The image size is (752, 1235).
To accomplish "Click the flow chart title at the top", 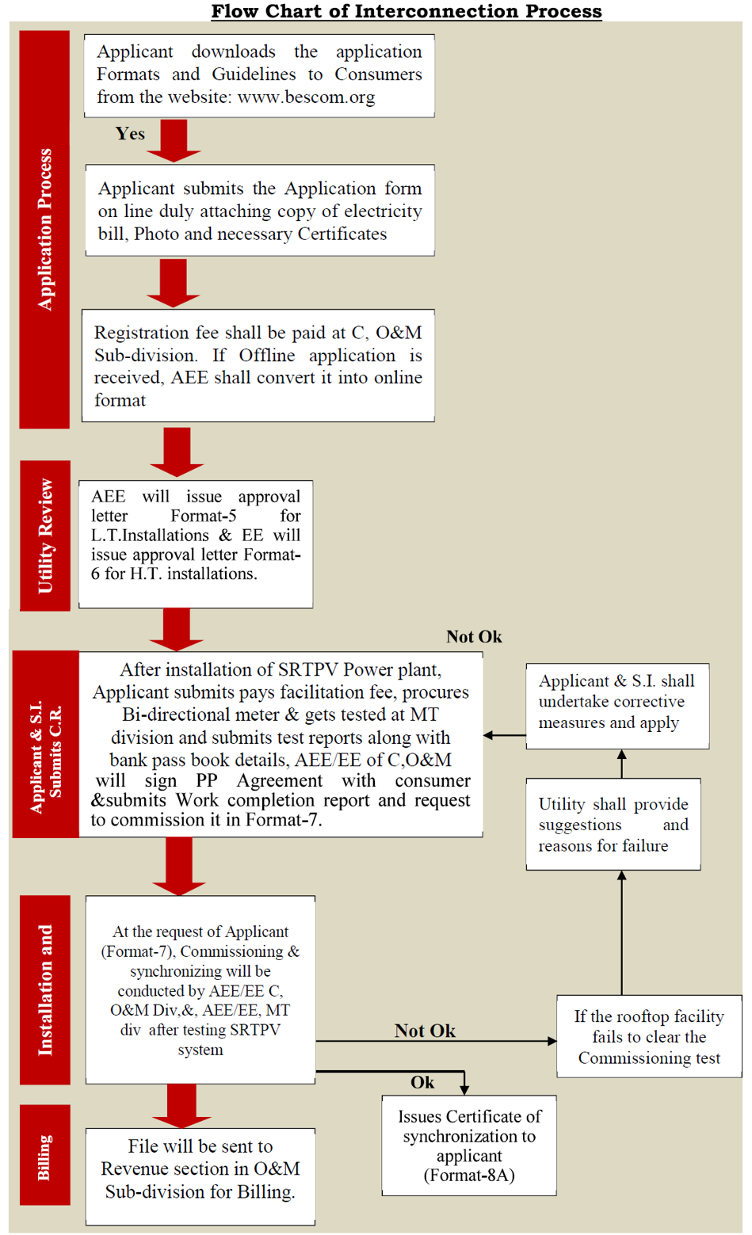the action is [x=407, y=11].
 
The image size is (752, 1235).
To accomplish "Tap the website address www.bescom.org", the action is [x=307, y=97].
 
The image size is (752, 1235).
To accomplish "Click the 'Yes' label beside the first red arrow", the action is [x=130, y=133].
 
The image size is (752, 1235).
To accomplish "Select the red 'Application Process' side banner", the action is [x=44, y=230].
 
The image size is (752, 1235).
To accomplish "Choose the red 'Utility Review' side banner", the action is [x=45, y=536].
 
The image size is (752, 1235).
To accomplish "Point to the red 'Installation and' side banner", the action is [x=45, y=990].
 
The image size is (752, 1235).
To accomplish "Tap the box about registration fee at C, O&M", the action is [x=258, y=365].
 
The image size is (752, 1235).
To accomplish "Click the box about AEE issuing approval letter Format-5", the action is [x=196, y=544].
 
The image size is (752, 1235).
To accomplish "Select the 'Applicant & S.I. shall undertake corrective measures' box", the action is [x=617, y=707].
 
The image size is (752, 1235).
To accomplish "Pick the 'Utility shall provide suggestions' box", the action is [x=613, y=824].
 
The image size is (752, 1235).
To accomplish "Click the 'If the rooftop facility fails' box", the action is [x=649, y=1036].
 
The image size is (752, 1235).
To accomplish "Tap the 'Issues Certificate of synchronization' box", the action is [x=469, y=1145].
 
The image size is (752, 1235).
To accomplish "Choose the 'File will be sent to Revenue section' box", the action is [x=200, y=1176].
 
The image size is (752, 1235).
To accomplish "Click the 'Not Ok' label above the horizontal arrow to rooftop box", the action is [x=425, y=1031].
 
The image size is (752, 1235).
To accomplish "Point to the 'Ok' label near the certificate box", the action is [x=422, y=1082].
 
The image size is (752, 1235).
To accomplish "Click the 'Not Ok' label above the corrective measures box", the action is [x=474, y=637].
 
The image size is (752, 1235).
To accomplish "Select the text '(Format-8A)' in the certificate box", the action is [x=469, y=1176].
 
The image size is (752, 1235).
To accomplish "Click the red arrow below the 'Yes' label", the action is [x=174, y=140].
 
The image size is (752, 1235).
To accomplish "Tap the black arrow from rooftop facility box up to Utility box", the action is [x=622, y=933].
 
